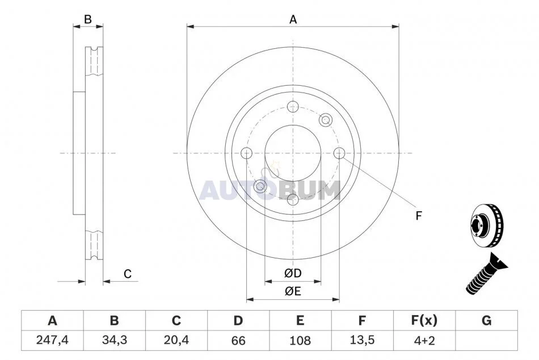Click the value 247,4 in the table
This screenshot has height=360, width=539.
pyautogui.click(x=52, y=340)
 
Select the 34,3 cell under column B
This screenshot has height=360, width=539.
pyautogui.click(x=115, y=340)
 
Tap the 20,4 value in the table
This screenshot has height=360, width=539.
pyautogui.click(x=176, y=340)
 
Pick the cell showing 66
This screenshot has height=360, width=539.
pyautogui.click(x=238, y=340)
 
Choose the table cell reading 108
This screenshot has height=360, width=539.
pyautogui.click(x=300, y=340)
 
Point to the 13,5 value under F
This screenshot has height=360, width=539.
pyautogui.click(x=362, y=340)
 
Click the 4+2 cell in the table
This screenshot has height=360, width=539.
pyautogui.click(x=424, y=340)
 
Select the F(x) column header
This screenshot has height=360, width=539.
pyautogui.click(x=424, y=320)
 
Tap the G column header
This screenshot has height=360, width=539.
pyautogui.click(x=486, y=320)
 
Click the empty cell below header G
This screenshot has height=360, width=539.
pyautogui.click(x=486, y=340)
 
